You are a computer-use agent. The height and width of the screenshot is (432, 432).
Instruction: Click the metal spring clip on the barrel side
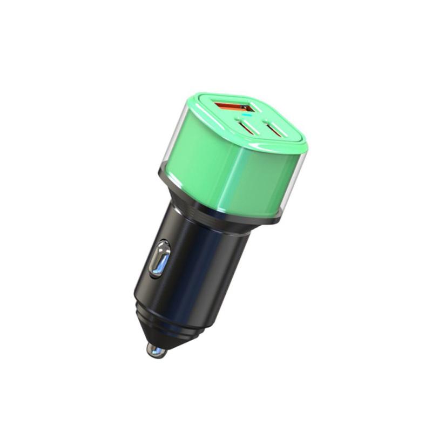pos(160,259)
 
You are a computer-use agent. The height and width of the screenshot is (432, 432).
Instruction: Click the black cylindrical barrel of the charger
pos(200,265)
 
